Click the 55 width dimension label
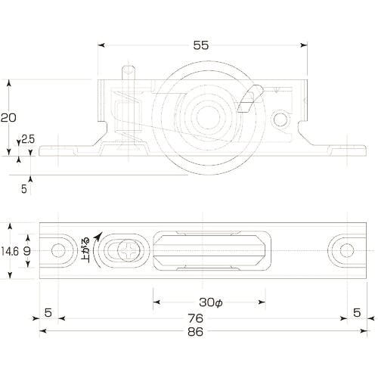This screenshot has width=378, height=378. point(201,45)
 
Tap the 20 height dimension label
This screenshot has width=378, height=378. point(8,118)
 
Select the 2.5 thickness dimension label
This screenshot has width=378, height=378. point(28,139)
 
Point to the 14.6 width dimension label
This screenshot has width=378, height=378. point(10,251)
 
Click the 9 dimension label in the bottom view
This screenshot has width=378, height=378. point(27,251)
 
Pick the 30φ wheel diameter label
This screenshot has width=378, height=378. point(211,302)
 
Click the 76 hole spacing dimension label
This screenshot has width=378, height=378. point(196,318)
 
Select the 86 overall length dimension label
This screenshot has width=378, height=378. point(195,332)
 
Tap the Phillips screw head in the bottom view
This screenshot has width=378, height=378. point(129,251)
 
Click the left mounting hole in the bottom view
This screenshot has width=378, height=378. point(58,250)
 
